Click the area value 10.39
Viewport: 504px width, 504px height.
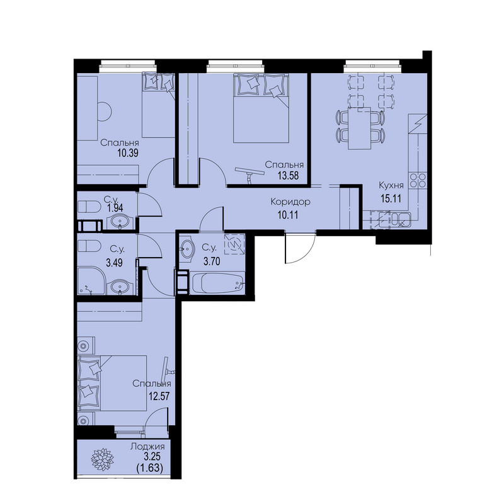(128, 153)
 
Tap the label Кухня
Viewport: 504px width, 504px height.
(391, 185)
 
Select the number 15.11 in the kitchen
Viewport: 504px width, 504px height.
(391, 198)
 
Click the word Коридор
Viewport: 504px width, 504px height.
(290, 202)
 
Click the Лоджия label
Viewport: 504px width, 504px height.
(147, 447)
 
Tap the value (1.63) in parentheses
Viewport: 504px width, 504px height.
(150, 468)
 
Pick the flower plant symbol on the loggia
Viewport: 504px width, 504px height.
(103, 459)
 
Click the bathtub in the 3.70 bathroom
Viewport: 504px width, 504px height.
(217, 283)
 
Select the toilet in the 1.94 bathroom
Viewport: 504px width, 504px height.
(89, 207)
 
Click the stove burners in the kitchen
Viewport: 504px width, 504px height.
(418, 180)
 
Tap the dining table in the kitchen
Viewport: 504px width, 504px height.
(360, 129)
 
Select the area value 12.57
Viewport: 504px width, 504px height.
(159, 396)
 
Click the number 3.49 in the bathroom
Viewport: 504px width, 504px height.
(115, 263)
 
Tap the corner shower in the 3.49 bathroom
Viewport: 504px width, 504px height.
(91, 280)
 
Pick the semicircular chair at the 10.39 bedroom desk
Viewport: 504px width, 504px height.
(104, 112)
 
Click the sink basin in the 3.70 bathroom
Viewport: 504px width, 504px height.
(186, 248)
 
